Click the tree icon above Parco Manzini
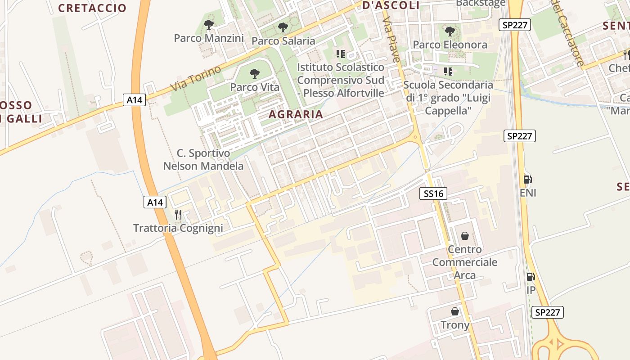(x=208, y=25)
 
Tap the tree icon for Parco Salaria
(x=283, y=27)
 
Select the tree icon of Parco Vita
(x=254, y=73)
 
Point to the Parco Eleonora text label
(x=450, y=45)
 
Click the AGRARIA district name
(x=296, y=114)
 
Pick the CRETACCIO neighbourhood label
(x=92, y=8)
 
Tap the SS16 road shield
(x=433, y=193)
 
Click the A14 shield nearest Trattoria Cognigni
(x=155, y=202)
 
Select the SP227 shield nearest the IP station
(x=548, y=312)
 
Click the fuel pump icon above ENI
(x=528, y=179)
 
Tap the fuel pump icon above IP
(x=531, y=277)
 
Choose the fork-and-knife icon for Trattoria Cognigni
(x=178, y=215)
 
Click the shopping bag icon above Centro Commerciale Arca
(x=464, y=236)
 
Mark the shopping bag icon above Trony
(x=455, y=311)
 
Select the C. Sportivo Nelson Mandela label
(x=203, y=160)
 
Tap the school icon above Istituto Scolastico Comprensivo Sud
(x=340, y=54)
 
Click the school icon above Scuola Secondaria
(x=448, y=71)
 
